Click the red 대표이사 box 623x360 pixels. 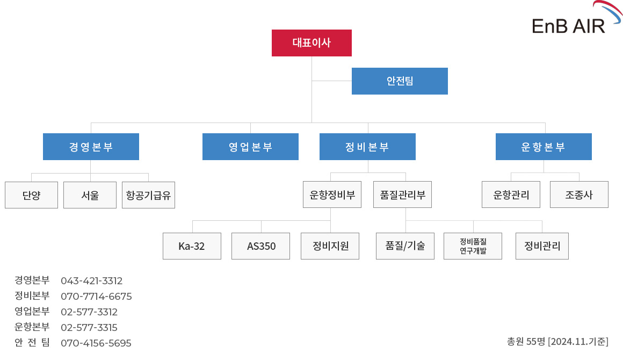(311, 43)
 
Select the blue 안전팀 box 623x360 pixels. (400, 81)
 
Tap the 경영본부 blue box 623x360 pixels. (91, 147)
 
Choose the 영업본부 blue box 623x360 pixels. (250, 147)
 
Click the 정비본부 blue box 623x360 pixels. (367, 147)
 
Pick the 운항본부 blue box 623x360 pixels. (544, 147)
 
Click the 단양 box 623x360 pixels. (31, 195)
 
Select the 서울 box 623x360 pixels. (90, 195)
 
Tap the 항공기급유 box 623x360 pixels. (149, 195)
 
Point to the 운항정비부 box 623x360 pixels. (332, 195)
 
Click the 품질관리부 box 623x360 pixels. (402, 195)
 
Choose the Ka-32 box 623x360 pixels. (192, 246)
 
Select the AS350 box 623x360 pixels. (260, 246)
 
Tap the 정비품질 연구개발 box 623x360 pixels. (473, 246)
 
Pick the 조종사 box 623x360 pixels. (579, 195)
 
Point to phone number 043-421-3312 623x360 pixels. (91, 281)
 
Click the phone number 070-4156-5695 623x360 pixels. (96, 343)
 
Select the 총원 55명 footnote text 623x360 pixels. (557, 341)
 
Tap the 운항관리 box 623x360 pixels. (511, 195)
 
